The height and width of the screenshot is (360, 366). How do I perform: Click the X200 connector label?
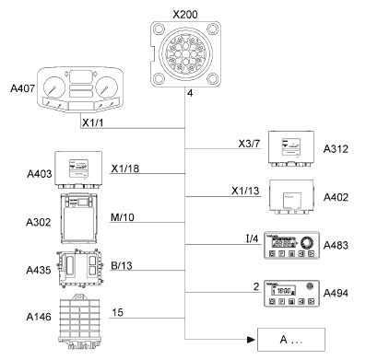pos(185,14)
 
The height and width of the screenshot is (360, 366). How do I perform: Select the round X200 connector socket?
pos(185,54)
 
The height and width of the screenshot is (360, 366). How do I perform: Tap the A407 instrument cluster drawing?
pos(80,90)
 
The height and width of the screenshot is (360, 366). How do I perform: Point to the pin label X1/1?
pos(93,122)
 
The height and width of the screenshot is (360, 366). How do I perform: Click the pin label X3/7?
pos(249,144)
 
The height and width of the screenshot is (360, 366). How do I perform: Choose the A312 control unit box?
pos(291,149)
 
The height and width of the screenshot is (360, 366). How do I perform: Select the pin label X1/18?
pos(125,168)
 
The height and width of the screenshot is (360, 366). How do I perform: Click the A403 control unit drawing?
pos(78,169)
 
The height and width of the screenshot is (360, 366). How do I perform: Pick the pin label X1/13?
pos(245,191)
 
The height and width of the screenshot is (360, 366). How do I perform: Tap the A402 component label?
pos(336,197)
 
